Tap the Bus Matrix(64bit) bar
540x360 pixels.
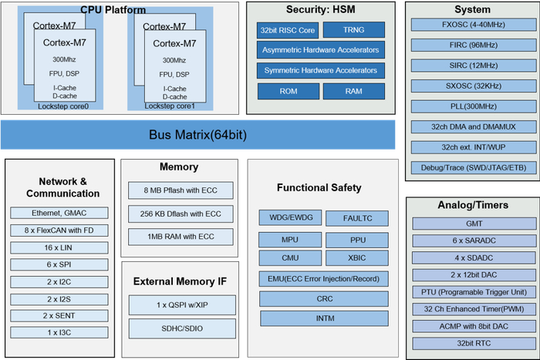tap(197, 135)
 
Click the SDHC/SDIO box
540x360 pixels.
tap(181, 328)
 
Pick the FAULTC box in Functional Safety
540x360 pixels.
tap(357, 218)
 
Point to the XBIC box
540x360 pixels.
tap(357, 258)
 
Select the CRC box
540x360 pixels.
tap(324, 298)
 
